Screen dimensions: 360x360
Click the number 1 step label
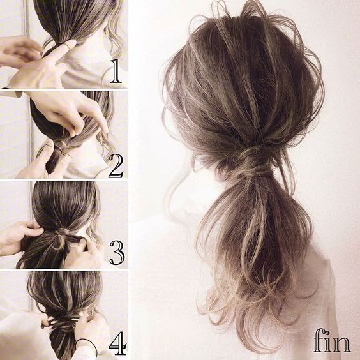coord(116,71)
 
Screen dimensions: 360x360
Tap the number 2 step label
coord(116,166)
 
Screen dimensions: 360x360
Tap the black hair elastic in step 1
coord(59,43)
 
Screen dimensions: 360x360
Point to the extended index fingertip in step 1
coord(72,43)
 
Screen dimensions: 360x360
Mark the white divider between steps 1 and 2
coord(64,89)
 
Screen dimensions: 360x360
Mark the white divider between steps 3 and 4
coord(64,270)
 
